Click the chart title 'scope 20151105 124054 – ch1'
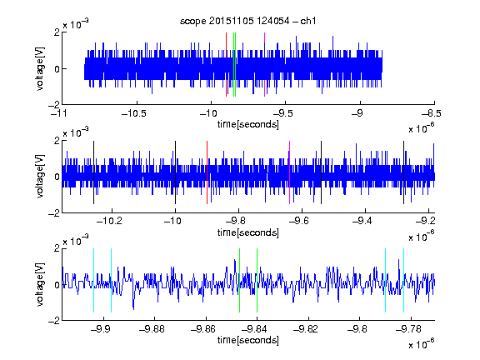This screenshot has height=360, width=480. click(248, 21)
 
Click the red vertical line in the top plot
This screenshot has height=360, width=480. click(226, 65)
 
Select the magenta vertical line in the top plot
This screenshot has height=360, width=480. click(264, 65)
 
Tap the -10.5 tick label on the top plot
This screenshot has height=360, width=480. click(134, 113)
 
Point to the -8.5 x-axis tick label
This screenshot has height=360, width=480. click(432, 113)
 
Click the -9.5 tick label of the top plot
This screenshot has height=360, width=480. click(282, 113)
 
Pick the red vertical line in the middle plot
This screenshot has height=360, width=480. click(207, 172)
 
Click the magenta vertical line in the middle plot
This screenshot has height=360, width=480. click(290, 172)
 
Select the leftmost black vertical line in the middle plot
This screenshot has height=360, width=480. click(93, 172)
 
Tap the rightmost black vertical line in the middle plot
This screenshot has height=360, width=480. click(404, 172)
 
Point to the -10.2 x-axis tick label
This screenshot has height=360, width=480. click(109, 221)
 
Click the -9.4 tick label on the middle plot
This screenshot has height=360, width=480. click(362, 221)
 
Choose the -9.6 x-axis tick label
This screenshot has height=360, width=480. click(299, 221)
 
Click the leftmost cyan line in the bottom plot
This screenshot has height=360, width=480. click(93, 280)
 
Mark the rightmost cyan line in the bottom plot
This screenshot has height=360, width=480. click(404, 280)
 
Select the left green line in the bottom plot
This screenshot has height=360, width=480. click(239, 280)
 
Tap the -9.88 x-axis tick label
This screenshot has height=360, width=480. click(152, 329)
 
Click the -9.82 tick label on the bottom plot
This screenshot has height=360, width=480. click(306, 329)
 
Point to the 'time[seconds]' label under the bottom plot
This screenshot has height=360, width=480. click(248, 340)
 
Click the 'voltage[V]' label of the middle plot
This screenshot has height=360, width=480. click(40, 176)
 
